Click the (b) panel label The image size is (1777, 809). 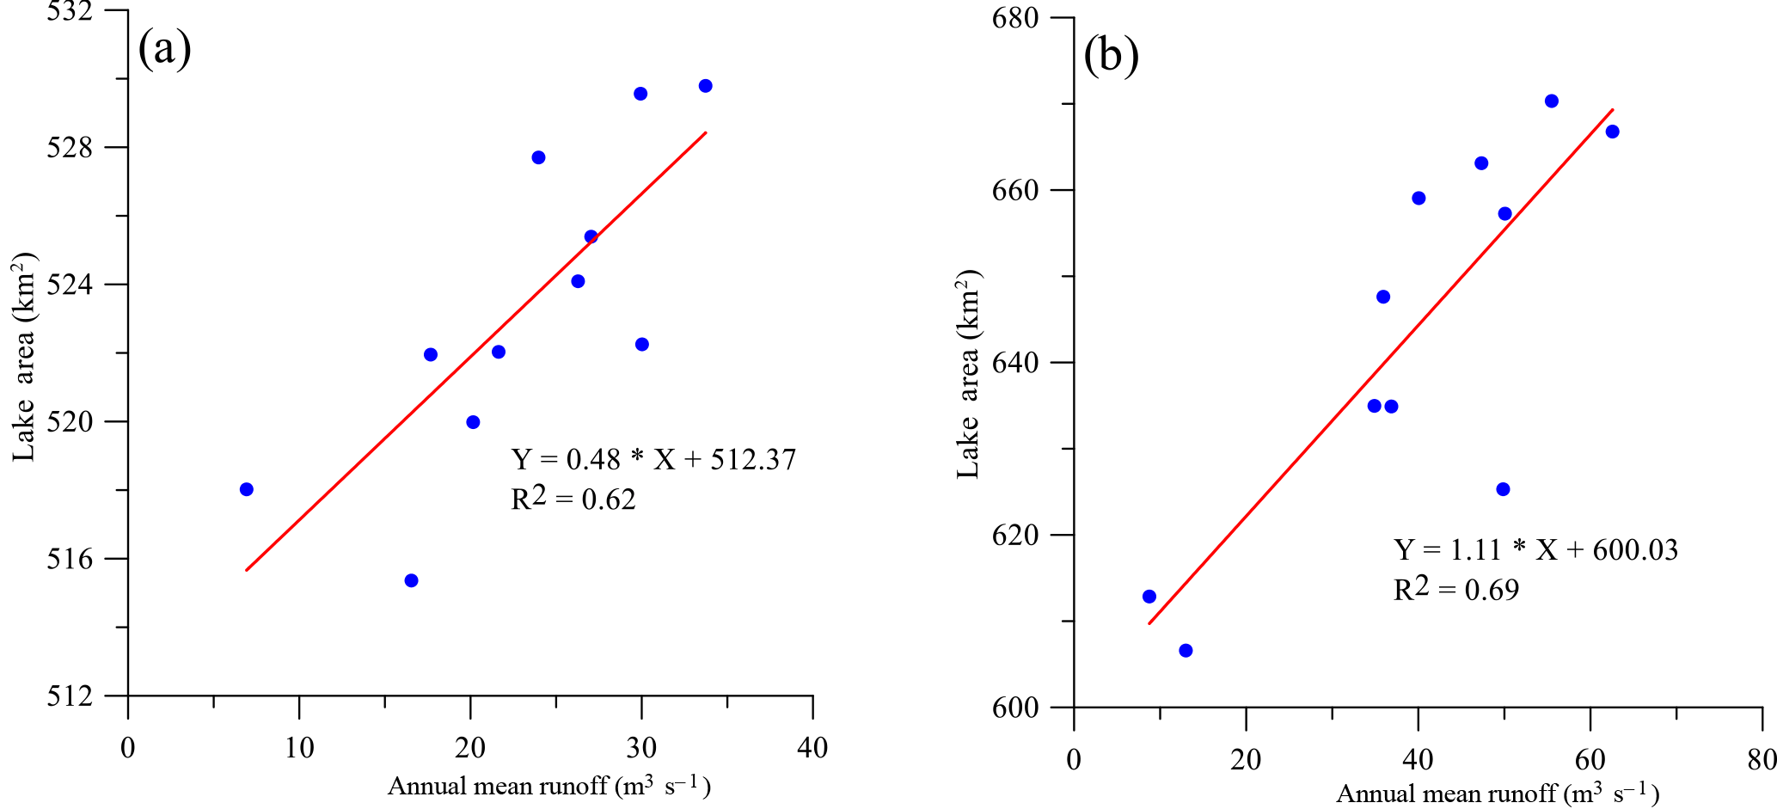coord(1111,57)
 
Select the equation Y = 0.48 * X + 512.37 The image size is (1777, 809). coord(653,460)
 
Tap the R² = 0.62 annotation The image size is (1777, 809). coord(573,499)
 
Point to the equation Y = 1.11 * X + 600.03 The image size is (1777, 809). coord(1535,550)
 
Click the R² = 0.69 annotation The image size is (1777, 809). coord(1455,589)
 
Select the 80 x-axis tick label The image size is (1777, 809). coord(1762,760)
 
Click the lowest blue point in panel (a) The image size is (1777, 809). coord(411,580)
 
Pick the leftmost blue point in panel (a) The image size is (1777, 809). coord(247,489)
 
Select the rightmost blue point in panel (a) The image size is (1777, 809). coord(706,86)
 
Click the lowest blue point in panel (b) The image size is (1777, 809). coord(1186,651)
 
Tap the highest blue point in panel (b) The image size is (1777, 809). coord(1552,101)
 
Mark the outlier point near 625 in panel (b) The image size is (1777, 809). coord(1503,489)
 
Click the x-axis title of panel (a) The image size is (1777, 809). coord(548,786)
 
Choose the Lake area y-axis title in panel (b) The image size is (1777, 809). coord(969,374)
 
